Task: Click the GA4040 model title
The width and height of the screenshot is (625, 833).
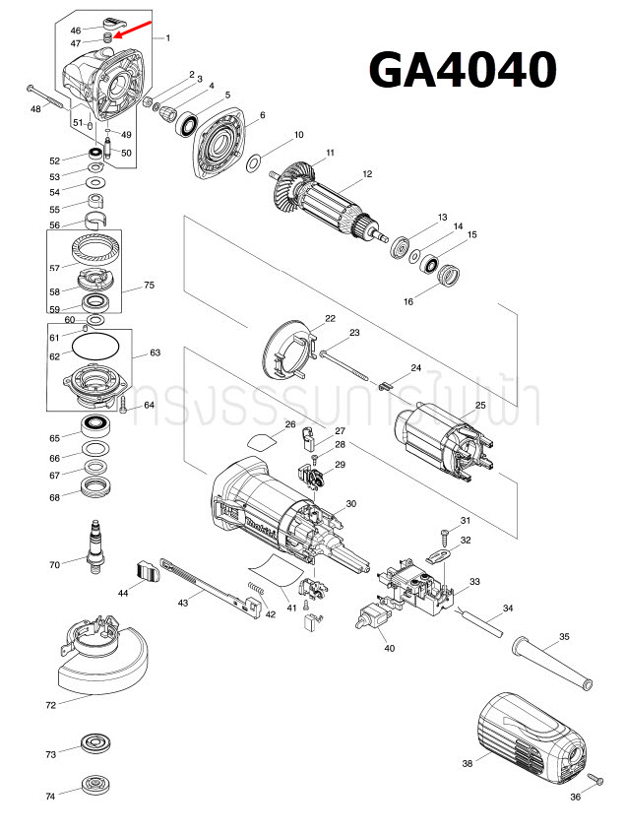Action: tap(463, 71)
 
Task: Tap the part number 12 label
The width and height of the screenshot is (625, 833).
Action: tap(367, 174)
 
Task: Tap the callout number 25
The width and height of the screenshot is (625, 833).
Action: tap(480, 405)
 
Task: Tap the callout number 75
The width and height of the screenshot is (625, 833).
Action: tap(150, 286)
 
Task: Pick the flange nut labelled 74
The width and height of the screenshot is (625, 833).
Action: tap(96, 785)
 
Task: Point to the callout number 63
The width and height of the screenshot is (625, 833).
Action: tap(155, 352)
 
